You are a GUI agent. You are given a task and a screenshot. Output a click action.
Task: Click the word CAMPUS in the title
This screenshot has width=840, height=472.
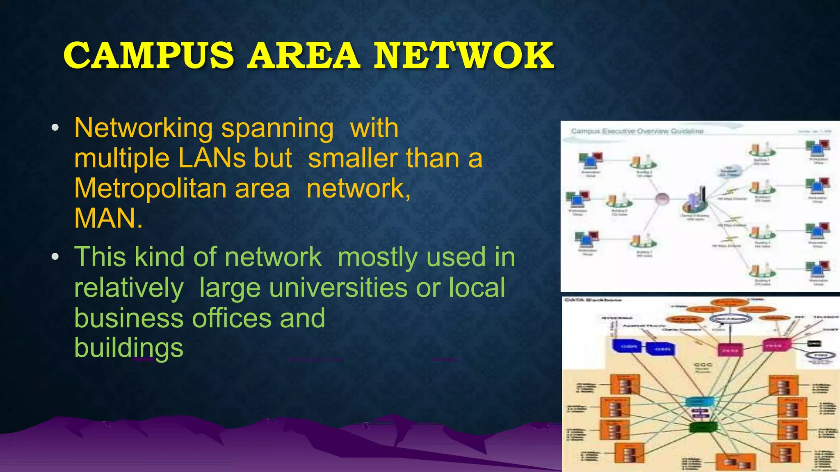coord(148,56)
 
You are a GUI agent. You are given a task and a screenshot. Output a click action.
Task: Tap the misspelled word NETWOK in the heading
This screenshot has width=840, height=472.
coord(463,56)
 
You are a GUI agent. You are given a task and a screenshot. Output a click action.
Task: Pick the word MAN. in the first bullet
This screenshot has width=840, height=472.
coord(108,218)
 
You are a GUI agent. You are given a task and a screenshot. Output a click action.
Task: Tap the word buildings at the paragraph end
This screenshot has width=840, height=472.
coord(128,348)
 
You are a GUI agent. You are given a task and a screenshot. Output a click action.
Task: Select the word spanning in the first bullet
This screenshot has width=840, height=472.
coord(277,128)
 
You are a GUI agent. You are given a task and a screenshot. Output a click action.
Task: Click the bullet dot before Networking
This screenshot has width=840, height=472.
coord(55,128)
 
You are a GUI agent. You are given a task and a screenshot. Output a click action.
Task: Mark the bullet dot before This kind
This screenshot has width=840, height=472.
coord(55,257)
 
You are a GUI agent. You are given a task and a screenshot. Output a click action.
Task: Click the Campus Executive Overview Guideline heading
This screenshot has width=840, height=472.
coord(637,131)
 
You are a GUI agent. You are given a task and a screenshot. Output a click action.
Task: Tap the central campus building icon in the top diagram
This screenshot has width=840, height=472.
coord(696,200)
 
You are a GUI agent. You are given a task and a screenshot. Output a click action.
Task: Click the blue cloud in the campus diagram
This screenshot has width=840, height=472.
coord(729,171)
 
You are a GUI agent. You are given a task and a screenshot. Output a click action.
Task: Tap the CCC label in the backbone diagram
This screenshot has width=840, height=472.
coord(703,365)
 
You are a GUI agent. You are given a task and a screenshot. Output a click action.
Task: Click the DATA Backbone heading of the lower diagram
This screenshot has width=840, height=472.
coord(593,300)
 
